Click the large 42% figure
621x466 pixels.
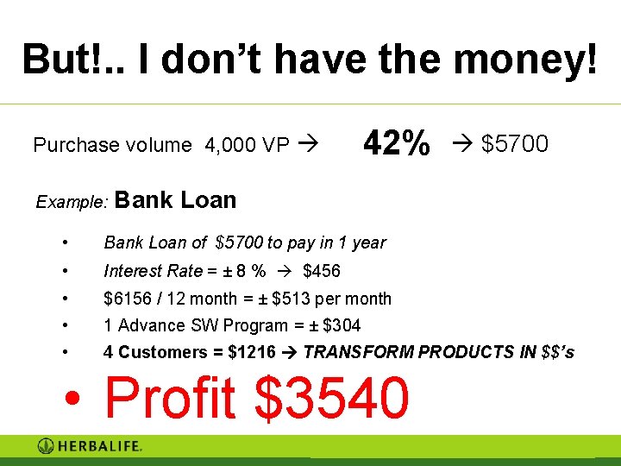point(396,143)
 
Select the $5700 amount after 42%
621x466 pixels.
point(514,144)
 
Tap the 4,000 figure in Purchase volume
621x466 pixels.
point(229,145)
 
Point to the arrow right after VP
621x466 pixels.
point(306,145)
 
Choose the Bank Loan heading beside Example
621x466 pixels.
point(175,200)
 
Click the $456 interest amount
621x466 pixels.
point(322,271)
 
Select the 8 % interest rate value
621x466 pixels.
point(251,271)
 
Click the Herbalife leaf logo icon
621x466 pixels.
point(46,446)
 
